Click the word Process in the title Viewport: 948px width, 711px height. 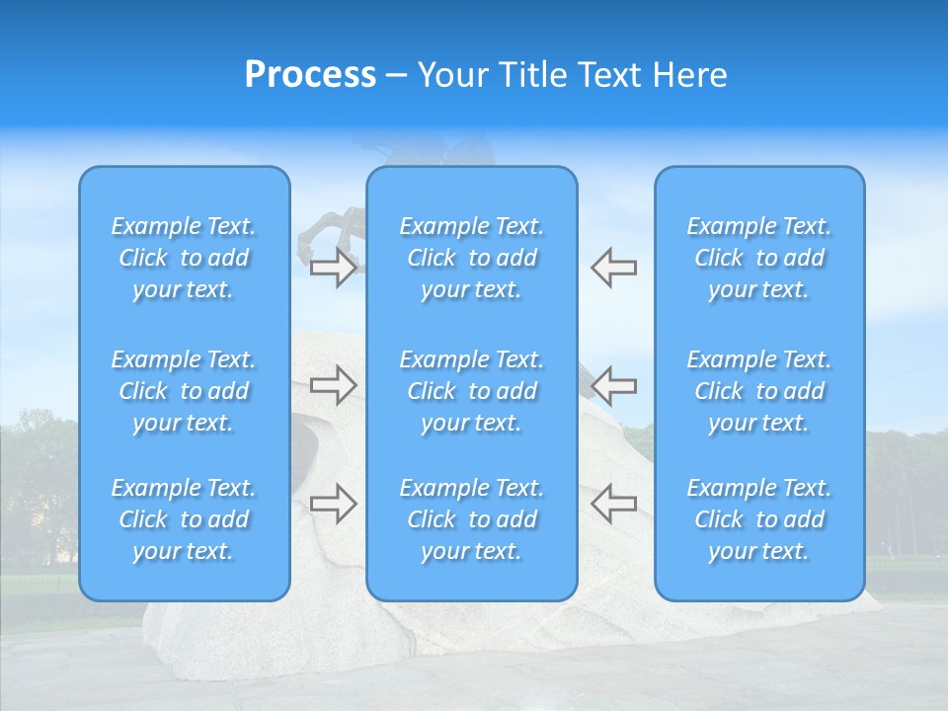point(310,75)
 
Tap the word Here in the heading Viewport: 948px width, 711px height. point(688,75)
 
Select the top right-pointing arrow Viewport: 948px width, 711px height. point(334,268)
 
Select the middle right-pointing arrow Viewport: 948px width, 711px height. point(334,385)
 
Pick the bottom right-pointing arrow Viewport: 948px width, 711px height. point(334,504)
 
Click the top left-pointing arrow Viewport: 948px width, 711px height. point(613,268)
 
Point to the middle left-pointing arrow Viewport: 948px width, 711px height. point(613,385)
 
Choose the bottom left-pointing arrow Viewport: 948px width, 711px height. point(613,504)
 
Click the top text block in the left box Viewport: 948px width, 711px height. point(184,258)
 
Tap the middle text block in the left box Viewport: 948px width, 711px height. point(184,391)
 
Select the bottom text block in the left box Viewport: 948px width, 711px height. point(184,519)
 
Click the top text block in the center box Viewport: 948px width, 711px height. point(472,258)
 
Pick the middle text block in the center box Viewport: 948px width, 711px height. point(472,391)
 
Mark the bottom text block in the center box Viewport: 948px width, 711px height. point(472,519)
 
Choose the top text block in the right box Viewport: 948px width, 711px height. point(759,258)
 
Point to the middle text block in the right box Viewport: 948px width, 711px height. point(759,391)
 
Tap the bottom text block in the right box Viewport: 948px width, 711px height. point(759,519)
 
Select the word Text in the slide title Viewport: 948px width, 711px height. point(609,75)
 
